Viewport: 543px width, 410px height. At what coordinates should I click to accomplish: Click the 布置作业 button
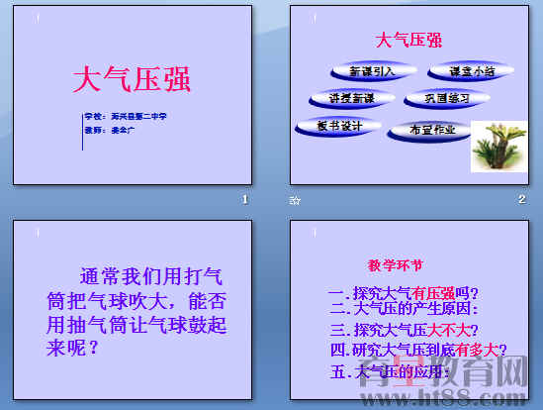pos(429,130)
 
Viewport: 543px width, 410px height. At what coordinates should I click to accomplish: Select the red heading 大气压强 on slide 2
pos(408,40)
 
